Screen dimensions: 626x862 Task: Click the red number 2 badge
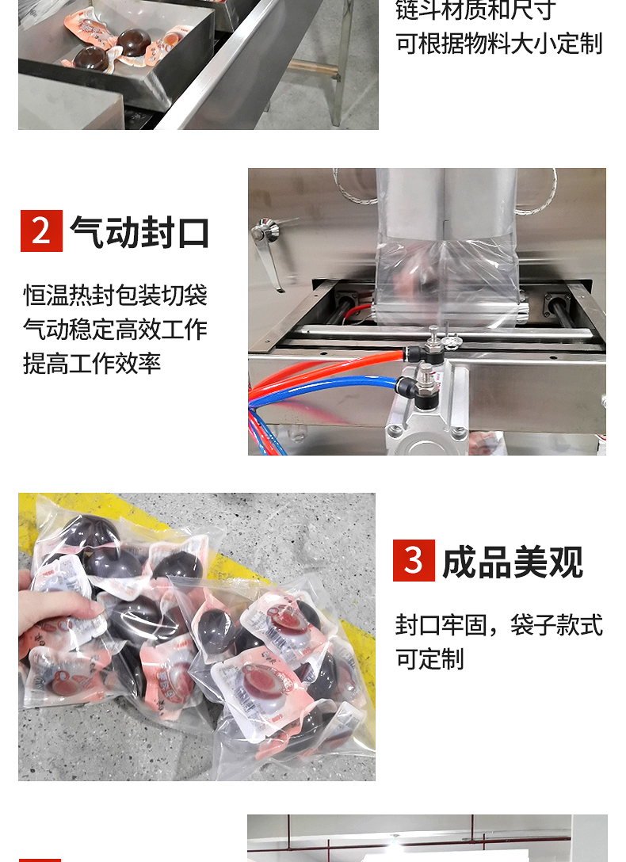(41, 231)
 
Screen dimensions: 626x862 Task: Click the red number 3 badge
(414, 560)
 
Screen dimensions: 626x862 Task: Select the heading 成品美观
(513, 562)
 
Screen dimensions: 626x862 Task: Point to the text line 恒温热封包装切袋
(116, 296)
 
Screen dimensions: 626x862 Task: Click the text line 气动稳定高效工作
(116, 330)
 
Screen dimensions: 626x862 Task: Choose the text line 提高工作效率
(93, 364)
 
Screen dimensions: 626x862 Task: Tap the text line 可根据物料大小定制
(499, 44)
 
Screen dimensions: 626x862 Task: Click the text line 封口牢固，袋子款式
(499, 625)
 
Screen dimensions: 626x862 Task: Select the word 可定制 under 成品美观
(429, 658)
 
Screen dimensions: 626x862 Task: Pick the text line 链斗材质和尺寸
(476, 10)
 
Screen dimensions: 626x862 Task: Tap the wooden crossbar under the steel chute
(311, 69)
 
